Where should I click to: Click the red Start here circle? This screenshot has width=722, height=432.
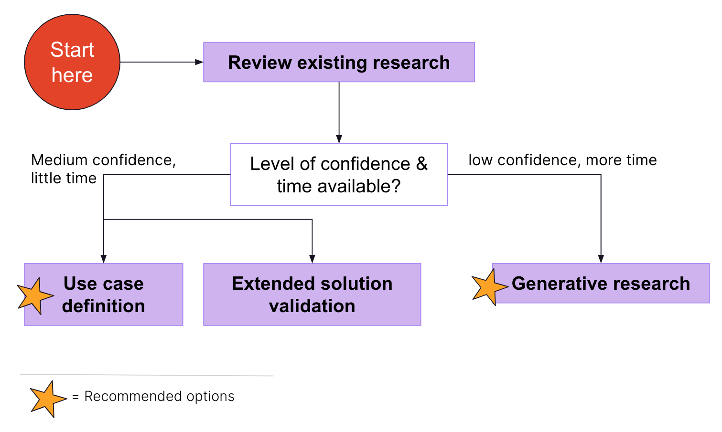72,62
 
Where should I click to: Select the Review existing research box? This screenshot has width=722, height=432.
339,62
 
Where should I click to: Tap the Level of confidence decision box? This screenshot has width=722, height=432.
339,175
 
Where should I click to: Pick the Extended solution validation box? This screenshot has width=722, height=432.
312,295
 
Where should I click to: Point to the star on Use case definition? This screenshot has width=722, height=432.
35,296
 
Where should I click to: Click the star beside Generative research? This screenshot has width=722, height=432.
489,287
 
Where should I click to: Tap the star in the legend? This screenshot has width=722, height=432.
47,399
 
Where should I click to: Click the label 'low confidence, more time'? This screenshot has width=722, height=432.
562,160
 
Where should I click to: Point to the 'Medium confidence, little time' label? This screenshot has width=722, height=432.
103,169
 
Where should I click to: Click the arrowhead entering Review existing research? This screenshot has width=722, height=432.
199,62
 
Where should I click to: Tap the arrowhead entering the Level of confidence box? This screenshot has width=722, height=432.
339,139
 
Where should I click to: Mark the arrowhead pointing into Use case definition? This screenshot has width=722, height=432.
104,259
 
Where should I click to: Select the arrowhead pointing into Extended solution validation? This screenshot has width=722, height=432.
312,259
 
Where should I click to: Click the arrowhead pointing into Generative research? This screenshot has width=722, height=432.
601,259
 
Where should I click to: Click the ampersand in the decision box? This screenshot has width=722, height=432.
421,164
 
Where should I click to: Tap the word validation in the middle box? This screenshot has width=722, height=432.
312,306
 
